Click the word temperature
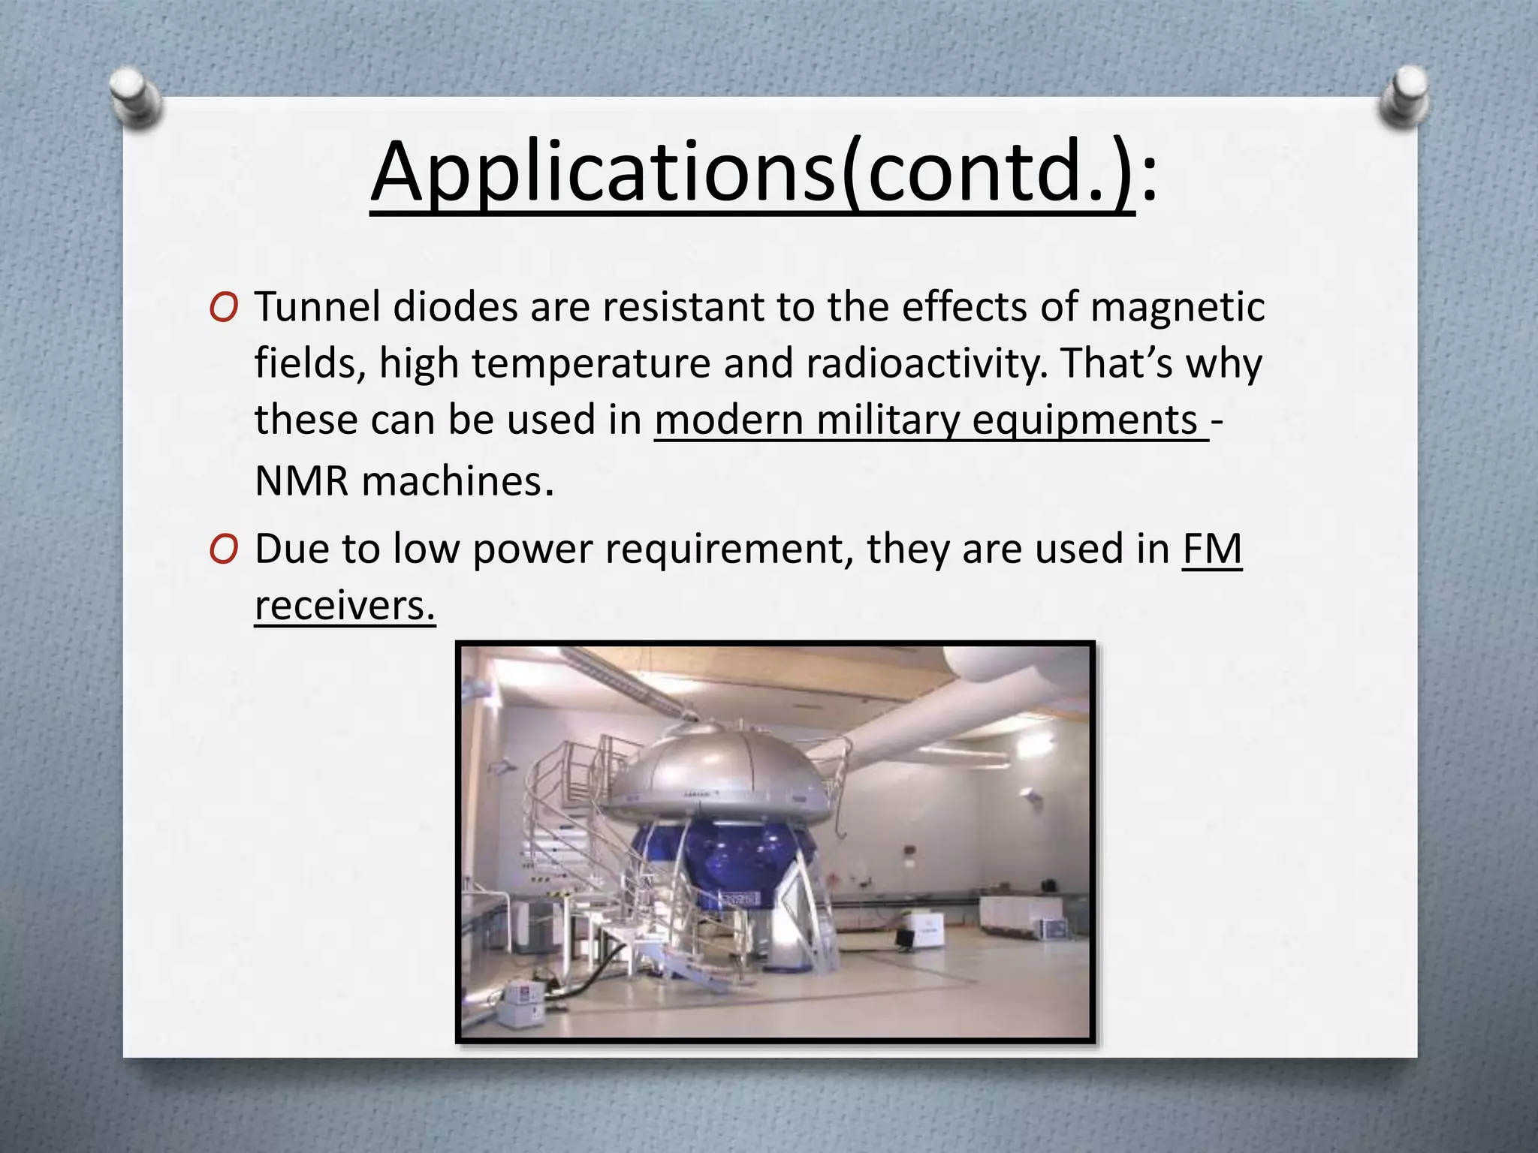click(591, 365)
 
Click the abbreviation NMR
click(302, 481)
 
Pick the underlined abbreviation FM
click(1212, 549)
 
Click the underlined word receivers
click(344, 606)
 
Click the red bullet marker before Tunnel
click(224, 308)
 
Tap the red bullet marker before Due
click(224, 550)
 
